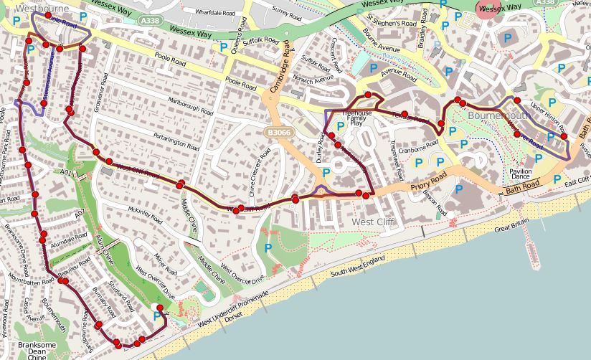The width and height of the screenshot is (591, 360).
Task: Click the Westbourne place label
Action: click(x=36, y=9)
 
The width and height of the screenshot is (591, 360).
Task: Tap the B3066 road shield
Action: click(x=275, y=133)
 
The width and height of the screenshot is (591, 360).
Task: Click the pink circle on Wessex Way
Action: click(x=489, y=8)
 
